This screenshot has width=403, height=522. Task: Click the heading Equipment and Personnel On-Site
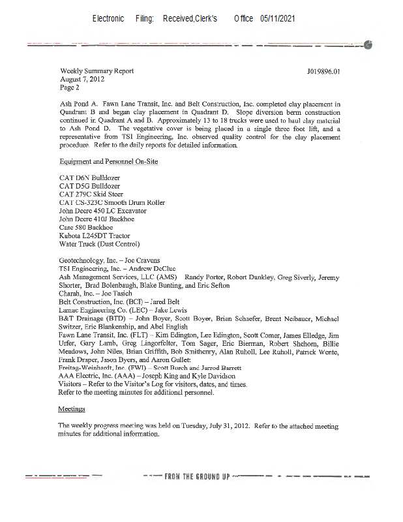click(108, 161)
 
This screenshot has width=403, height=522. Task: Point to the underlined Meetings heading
click(72, 409)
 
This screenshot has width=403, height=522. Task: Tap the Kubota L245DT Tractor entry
click(95, 236)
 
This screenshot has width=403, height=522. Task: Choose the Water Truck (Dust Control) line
click(99, 244)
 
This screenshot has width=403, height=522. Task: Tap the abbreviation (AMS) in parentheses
click(165, 277)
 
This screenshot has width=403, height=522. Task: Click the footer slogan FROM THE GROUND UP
click(196, 476)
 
